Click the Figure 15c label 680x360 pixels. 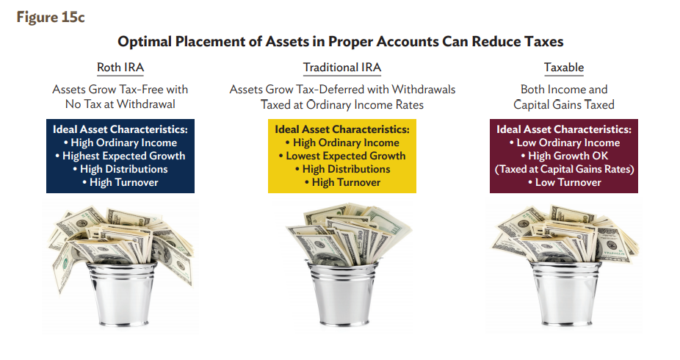[x=51, y=18]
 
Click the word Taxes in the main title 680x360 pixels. [x=544, y=42]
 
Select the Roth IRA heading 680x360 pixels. [x=120, y=68]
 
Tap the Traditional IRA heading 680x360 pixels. [x=342, y=68]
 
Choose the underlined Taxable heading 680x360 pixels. [x=564, y=68]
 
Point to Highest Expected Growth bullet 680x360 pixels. [x=120, y=156]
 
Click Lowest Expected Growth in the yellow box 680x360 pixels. [x=342, y=156]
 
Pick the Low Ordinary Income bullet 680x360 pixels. [x=564, y=143]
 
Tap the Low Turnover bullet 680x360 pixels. [x=564, y=182]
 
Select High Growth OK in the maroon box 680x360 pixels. [x=564, y=156]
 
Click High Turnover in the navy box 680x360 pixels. [x=120, y=182]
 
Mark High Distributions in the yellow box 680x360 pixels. [x=342, y=169]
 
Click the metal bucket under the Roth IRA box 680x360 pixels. [x=122, y=294]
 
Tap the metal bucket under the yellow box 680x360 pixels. [x=343, y=294]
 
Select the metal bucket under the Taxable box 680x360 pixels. [x=565, y=294]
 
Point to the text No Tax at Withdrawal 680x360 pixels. [x=120, y=104]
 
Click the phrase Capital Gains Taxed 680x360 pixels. [x=564, y=104]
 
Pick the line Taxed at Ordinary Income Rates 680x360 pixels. [x=342, y=104]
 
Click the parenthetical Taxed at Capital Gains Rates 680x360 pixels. [x=564, y=169]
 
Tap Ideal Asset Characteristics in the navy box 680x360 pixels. [x=120, y=129]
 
